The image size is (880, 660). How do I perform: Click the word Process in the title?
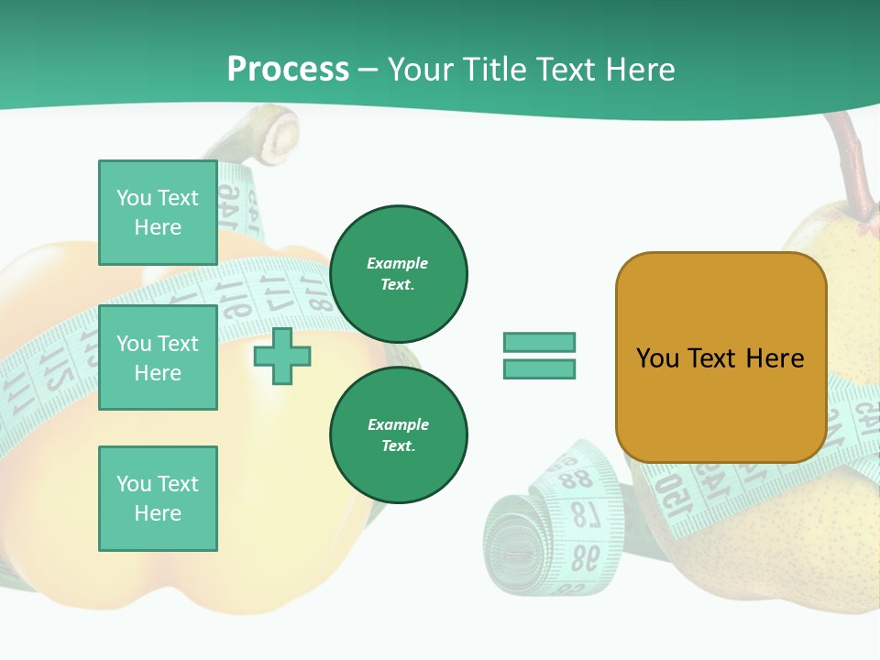(x=288, y=70)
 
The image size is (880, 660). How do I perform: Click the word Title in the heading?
(x=496, y=70)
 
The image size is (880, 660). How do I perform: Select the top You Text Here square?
(x=158, y=213)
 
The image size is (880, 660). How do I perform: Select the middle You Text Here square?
(x=158, y=357)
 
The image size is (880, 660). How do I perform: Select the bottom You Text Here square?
(x=158, y=499)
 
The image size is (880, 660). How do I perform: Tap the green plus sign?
(x=282, y=356)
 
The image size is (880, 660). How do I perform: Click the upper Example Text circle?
(x=398, y=274)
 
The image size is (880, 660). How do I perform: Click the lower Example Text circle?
(x=398, y=435)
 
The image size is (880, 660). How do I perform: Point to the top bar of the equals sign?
(x=539, y=342)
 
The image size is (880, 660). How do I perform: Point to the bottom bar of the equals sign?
(x=539, y=368)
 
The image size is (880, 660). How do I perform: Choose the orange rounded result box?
(x=720, y=357)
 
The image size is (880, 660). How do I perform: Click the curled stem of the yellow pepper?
(x=275, y=133)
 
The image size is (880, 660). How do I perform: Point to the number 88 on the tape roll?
(x=577, y=479)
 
